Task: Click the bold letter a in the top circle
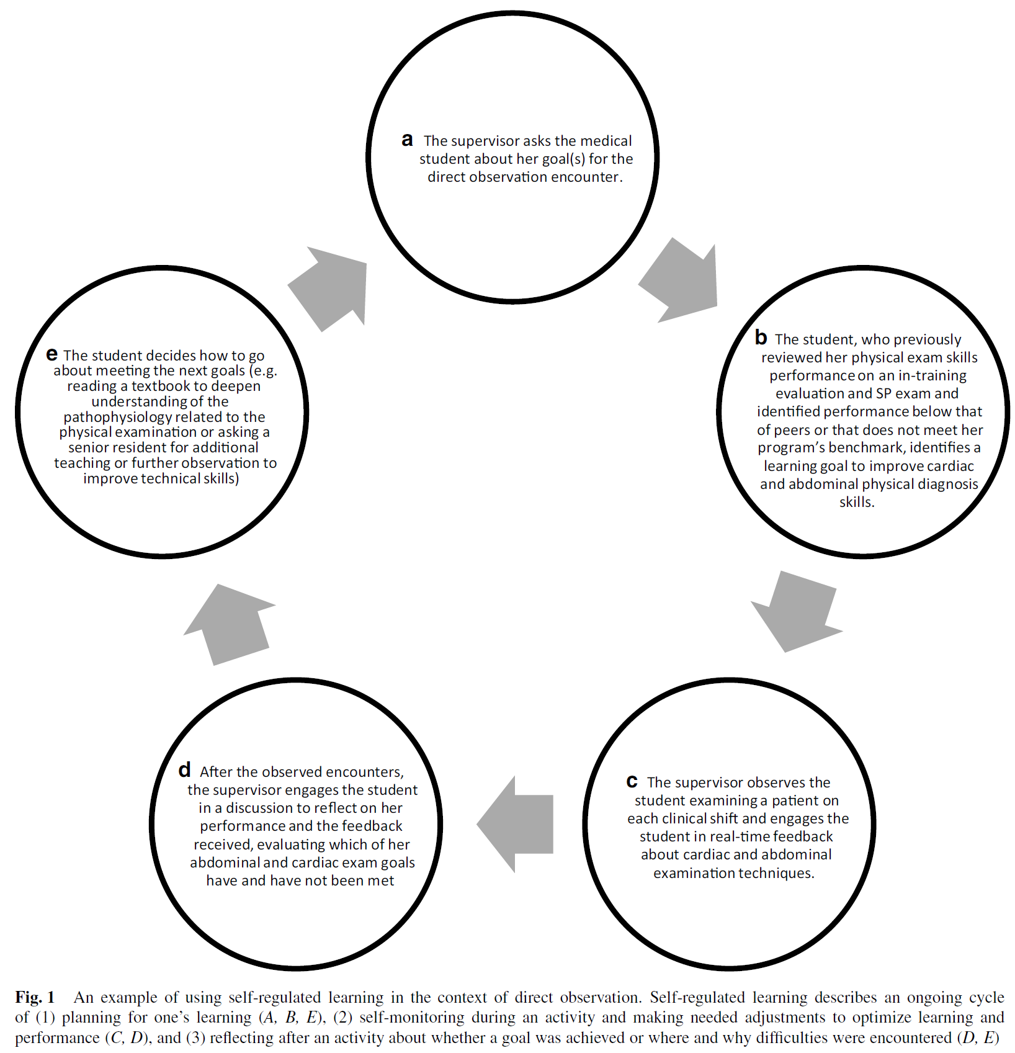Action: click(407, 140)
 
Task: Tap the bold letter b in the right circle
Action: click(761, 338)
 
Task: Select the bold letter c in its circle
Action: click(632, 781)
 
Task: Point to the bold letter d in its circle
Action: click(184, 770)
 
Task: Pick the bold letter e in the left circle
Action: click(52, 354)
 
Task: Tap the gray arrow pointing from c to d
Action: click(516, 824)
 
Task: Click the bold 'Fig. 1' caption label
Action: click(35, 997)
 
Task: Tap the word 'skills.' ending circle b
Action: click(857, 502)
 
